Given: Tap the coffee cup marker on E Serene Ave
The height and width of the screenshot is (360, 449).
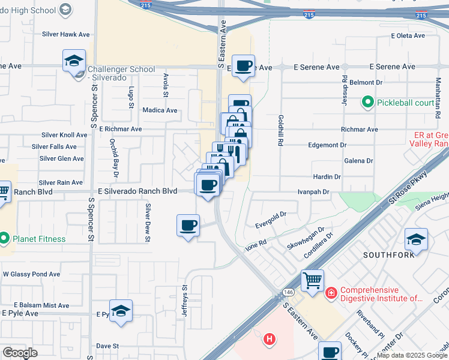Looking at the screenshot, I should [x=243, y=66].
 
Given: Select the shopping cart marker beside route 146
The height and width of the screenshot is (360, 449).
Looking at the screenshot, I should [x=312, y=281].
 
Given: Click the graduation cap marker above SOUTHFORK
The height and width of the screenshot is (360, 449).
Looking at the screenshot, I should [x=416, y=239].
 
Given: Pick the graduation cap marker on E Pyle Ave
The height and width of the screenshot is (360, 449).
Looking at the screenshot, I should [x=121, y=311].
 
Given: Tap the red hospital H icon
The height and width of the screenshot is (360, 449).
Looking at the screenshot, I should [x=270, y=339].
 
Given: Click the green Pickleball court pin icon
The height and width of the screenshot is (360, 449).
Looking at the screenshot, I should [x=368, y=103].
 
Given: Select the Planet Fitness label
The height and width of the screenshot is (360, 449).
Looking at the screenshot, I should [x=41, y=239].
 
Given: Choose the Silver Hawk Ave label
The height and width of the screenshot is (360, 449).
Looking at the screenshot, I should [x=66, y=35].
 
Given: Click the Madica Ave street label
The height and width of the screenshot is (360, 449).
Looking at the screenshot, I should [x=160, y=110].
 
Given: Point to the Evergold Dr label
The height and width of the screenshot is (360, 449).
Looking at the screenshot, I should [x=271, y=214].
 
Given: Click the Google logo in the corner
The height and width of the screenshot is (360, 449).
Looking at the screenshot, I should [x=20, y=352].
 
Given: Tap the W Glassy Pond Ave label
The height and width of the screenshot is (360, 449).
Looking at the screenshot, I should [x=31, y=274].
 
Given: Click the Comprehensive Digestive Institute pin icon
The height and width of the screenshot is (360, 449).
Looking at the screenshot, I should [x=331, y=293].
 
